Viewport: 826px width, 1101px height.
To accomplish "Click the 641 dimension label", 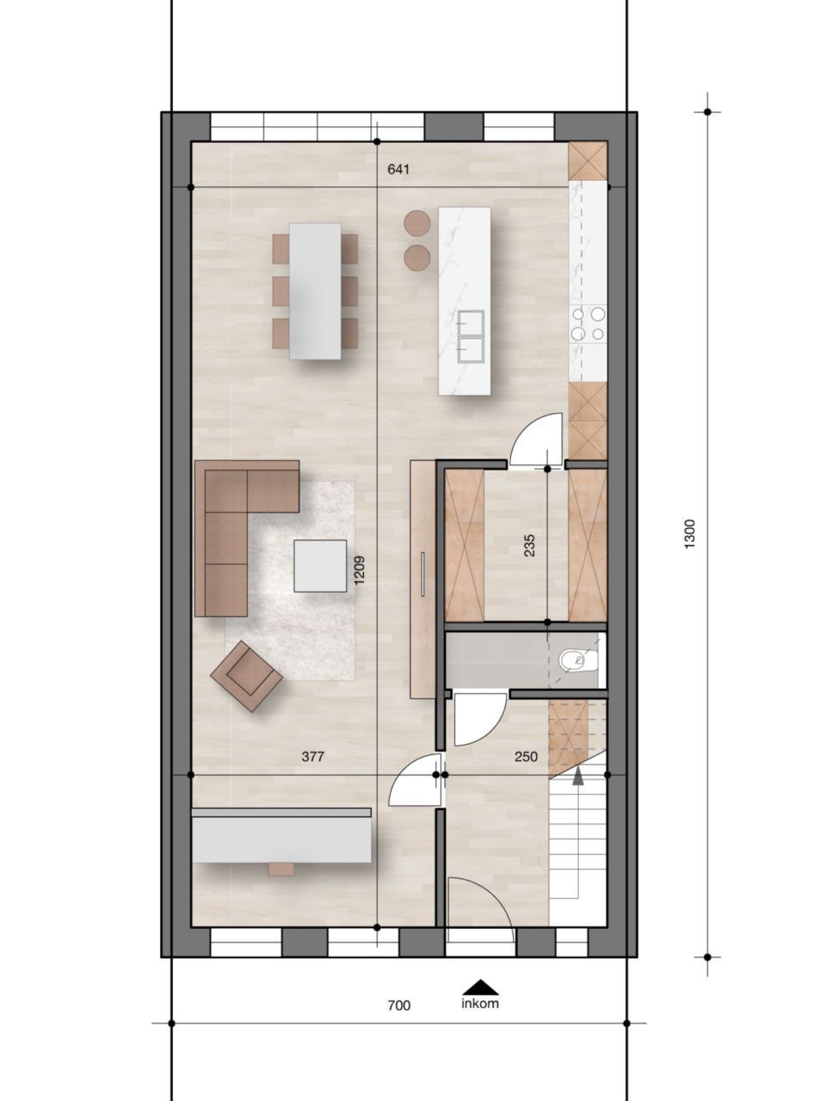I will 398,169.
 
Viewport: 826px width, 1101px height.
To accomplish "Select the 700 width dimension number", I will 398,1005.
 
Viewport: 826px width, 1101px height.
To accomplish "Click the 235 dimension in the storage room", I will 529,547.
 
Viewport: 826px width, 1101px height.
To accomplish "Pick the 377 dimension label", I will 313,757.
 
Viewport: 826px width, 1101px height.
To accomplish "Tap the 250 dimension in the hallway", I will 526,757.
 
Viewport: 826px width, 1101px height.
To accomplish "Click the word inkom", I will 480,1003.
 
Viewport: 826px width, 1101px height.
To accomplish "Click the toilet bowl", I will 573,661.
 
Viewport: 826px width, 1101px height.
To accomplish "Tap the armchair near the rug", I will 247,675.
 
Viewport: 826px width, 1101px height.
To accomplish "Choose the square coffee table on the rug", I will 320,565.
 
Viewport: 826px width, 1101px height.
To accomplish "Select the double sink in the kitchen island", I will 470,335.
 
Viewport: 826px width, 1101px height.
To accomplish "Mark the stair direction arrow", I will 578,777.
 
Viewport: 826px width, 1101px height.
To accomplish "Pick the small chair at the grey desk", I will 280,869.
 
